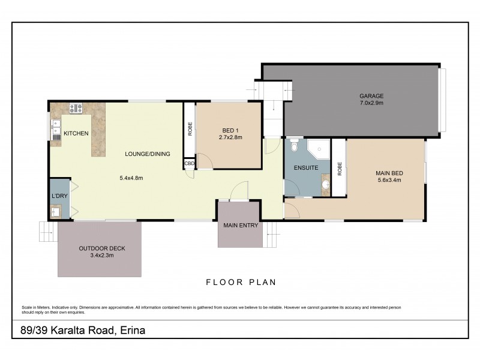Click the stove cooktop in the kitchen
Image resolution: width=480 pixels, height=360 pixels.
click(76, 109)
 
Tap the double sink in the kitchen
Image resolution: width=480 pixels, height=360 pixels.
click(56, 129)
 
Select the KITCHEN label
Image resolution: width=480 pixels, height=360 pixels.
click(76, 133)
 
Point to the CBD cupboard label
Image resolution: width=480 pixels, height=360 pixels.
click(189, 163)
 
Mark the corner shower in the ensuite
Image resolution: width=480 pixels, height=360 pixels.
click(319, 148)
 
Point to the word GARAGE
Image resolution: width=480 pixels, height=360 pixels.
click(371, 96)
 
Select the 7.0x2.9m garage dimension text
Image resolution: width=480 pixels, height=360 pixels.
click(371, 103)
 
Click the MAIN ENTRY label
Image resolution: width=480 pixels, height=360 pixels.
click(240, 226)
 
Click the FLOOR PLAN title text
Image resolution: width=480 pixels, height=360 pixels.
click(241, 281)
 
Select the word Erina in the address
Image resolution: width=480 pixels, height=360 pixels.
click(133, 331)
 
